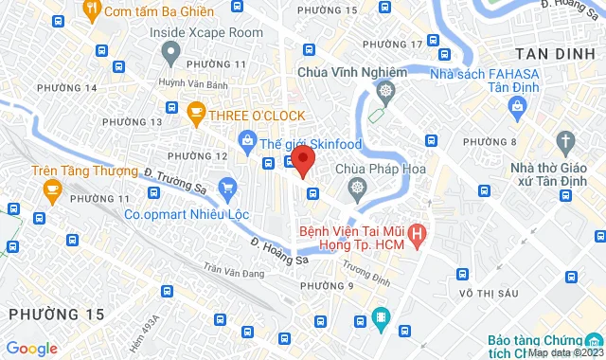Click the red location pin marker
pos(302,160)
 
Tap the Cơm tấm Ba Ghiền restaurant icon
pos(93,11)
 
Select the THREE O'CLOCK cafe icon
pos(196,116)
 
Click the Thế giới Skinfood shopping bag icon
pos(247,142)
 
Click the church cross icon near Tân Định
pos(566,144)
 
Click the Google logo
pos(30,348)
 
